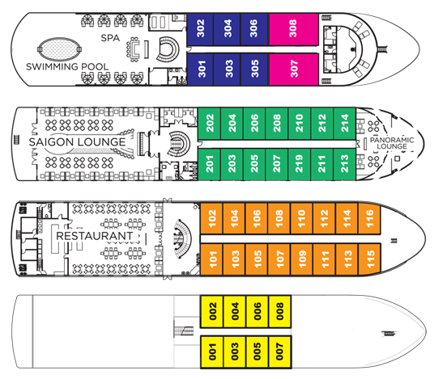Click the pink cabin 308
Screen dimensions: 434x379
tap(294, 29)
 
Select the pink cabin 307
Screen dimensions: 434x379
tap(294, 69)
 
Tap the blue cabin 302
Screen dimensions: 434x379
tap(200, 29)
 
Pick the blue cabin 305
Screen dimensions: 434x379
tap(254, 69)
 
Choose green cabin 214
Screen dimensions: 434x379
tap(345, 124)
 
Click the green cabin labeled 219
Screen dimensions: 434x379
tap(300, 164)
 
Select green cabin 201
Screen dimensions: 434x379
tap(210, 164)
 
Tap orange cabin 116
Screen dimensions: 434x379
tap(369, 218)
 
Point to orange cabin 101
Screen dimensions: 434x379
tap(211, 259)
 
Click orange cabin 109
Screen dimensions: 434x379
tap(302, 259)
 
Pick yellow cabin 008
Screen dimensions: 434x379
tap(280, 312)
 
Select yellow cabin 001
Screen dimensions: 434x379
tap(212, 352)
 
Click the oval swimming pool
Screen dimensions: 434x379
tap(59, 49)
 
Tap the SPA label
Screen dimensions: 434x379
tap(110, 38)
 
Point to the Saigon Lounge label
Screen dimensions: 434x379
tap(77, 142)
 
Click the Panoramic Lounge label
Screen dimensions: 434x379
tap(392, 143)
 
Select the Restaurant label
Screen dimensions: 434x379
tap(95, 236)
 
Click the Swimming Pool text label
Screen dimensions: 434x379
tap(67, 66)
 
